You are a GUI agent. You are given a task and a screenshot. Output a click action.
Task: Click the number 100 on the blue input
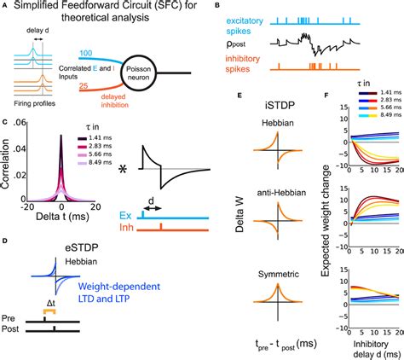pyautogui.click(x=86, y=53)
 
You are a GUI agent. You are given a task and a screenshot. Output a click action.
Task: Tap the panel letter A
pyautogui.click(x=6, y=8)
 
